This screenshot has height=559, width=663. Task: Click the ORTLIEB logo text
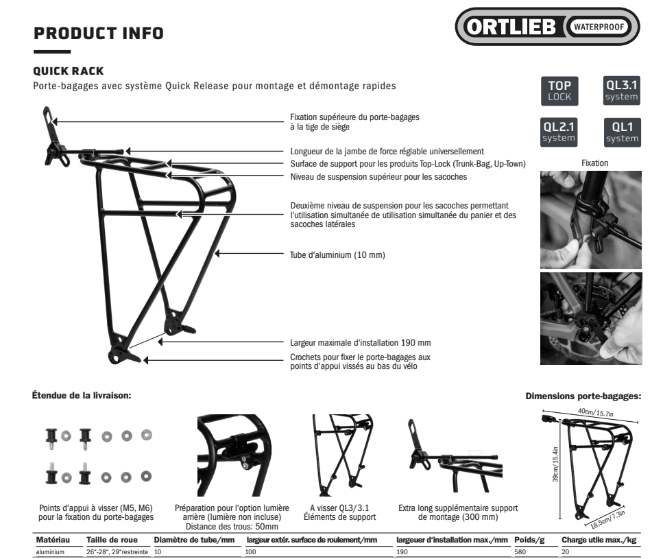click(511, 27)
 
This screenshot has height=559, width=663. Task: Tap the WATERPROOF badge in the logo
click(599, 27)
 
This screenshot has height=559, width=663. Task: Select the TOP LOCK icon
click(559, 91)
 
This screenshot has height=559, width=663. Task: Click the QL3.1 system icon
click(622, 91)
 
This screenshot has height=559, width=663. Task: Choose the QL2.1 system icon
click(559, 132)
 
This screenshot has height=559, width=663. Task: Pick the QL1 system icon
click(623, 132)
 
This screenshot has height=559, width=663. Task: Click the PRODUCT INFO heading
click(99, 34)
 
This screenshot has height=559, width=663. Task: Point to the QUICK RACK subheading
click(69, 71)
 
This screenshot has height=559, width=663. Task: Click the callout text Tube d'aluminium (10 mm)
click(337, 255)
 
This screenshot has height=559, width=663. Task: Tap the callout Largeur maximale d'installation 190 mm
click(360, 343)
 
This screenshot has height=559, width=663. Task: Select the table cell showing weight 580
click(520, 552)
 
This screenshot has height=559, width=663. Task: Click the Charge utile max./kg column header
click(599, 540)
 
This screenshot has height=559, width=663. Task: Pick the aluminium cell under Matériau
click(50, 552)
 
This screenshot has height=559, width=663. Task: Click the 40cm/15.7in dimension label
click(596, 412)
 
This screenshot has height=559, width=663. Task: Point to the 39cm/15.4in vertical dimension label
click(555, 464)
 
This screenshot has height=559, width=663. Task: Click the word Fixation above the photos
click(594, 163)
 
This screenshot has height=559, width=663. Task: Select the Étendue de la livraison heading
click(82, 396)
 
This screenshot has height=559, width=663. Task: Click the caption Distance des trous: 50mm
click(232, 527)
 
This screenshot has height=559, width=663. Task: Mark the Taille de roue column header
click(112, 540)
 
